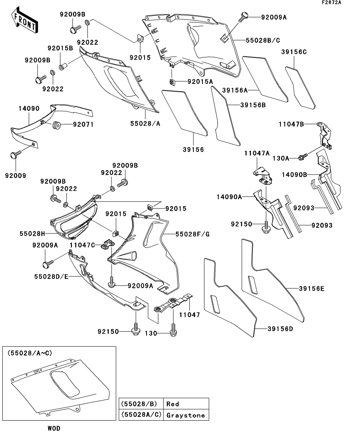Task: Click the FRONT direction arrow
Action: (24, 22)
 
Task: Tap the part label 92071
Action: (82, 125)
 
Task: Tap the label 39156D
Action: (280, 329)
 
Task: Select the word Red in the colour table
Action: (173, 404)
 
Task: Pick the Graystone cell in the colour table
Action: (186, 415)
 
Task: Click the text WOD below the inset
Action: (54, 428)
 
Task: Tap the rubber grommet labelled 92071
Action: (56, 126)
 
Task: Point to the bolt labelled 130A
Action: (303, 157)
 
